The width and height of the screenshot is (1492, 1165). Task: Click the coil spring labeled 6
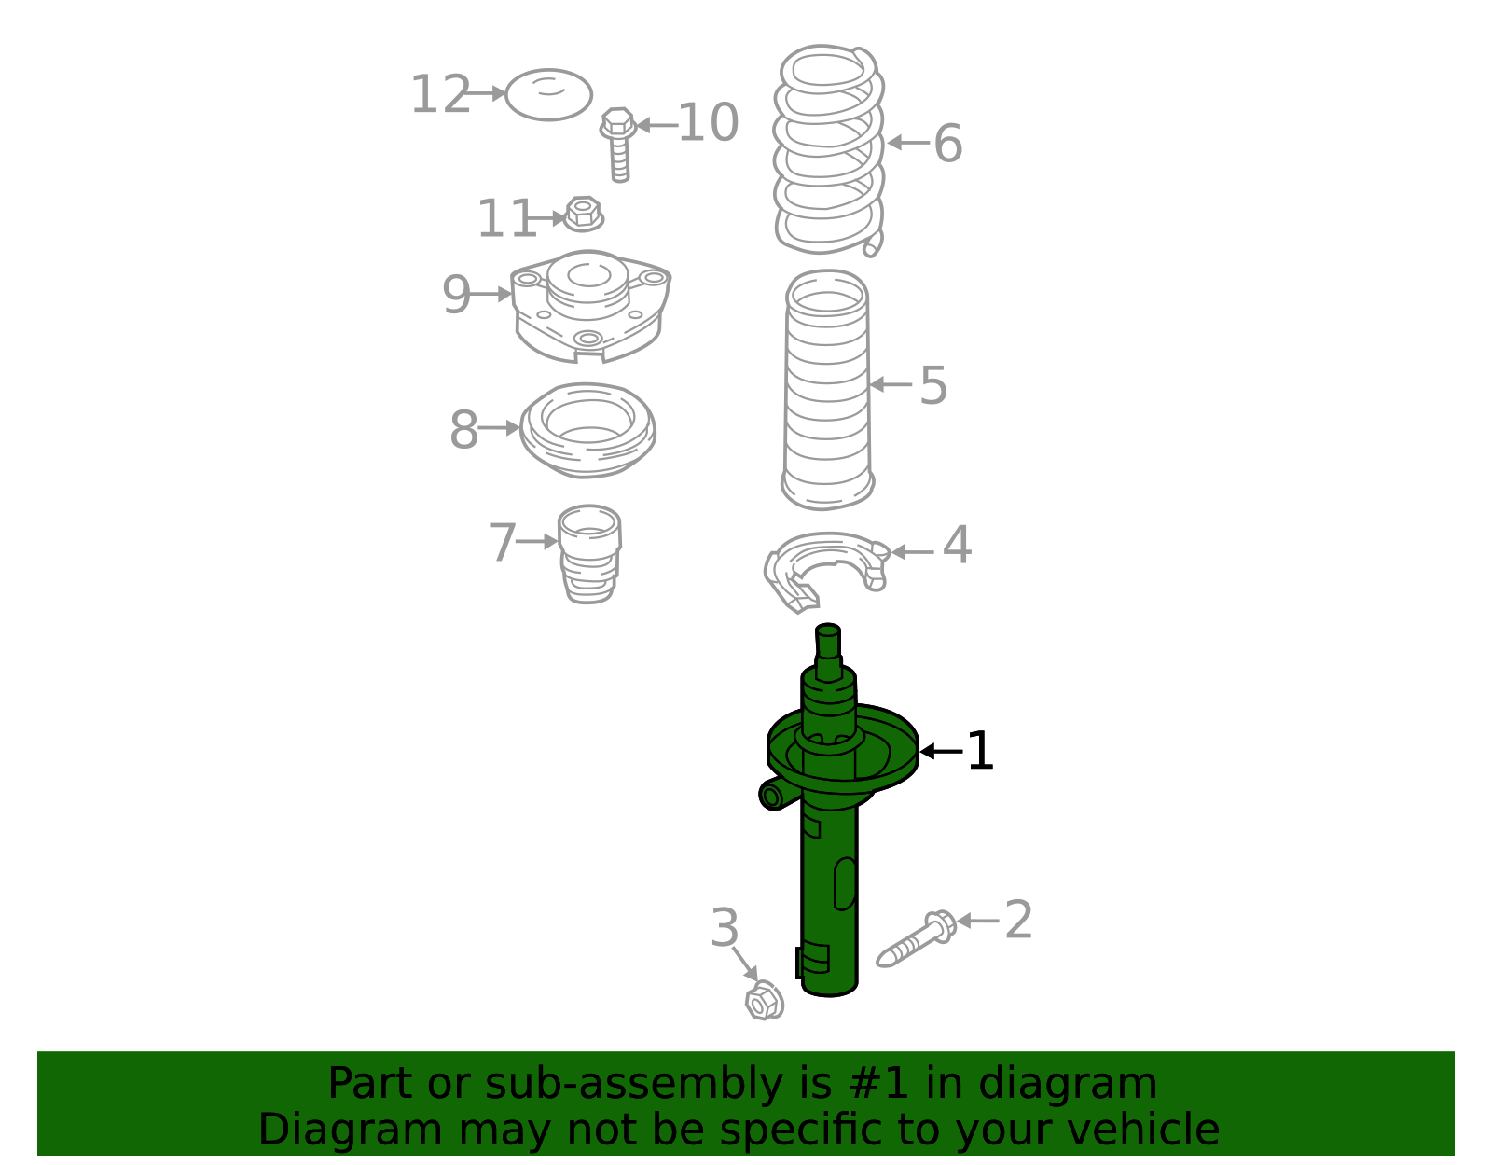(828, 149)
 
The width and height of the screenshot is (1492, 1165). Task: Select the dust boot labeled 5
(827, 392)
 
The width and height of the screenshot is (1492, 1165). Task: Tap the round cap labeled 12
(548, 94)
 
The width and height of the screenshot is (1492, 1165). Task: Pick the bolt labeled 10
(618, 145)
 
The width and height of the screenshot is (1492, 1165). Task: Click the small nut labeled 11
(584, 215)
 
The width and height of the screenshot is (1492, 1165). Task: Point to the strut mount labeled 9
(589, 306)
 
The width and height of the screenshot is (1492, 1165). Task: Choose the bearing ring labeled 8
(587, 430)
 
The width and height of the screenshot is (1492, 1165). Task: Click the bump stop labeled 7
(589, 554)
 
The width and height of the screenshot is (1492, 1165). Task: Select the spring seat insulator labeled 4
(825, 569)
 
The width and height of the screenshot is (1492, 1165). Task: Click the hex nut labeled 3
(764, 1002)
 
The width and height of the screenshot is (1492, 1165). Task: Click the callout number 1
(980, 751)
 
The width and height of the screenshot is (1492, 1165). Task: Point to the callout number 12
(440, 95)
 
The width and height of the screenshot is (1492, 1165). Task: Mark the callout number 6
(947, 144)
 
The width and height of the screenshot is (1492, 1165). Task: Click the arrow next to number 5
(891, 384)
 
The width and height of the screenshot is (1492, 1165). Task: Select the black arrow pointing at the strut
(940, 751)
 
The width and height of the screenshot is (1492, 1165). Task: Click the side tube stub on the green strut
(773, 796)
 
